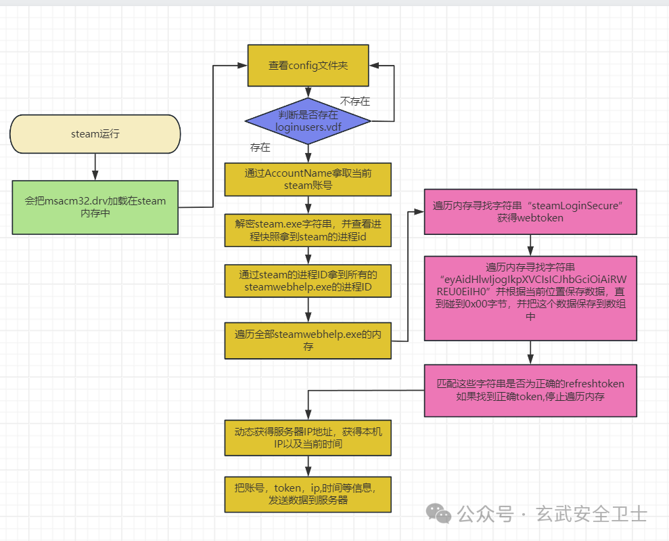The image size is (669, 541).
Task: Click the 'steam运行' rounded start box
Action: tap(95, 134)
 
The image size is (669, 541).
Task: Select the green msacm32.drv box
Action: tap(95, 207)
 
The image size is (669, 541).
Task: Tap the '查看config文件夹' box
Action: tap(308, 66)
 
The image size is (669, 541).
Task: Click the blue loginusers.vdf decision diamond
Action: tap(308, 121)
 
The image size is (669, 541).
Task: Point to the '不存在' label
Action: tap(354, 102)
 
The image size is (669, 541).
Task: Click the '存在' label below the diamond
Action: tap(260, 147)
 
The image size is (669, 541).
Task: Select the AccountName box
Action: tap(308, 179)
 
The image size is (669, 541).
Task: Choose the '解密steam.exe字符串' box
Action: tap(308, 230)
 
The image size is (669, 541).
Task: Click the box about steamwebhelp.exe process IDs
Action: tap(308, 280)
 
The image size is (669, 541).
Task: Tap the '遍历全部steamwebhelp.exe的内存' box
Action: tap(308, 340)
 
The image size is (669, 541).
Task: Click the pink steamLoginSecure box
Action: tap(530, 211)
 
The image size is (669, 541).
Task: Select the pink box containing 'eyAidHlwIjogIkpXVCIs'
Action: tap(530, 298)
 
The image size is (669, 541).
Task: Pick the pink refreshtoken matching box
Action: tap(530, 390)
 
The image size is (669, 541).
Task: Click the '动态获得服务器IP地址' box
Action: tap(308, 437)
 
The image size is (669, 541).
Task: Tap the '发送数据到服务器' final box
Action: tap(308, 494)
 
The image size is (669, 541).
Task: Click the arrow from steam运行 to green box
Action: tap(95, 167)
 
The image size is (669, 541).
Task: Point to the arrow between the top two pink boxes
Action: tap(530, 245)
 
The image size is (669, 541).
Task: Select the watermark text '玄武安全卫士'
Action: tap(591, 514)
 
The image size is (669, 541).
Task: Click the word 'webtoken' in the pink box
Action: tap(530, 218)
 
